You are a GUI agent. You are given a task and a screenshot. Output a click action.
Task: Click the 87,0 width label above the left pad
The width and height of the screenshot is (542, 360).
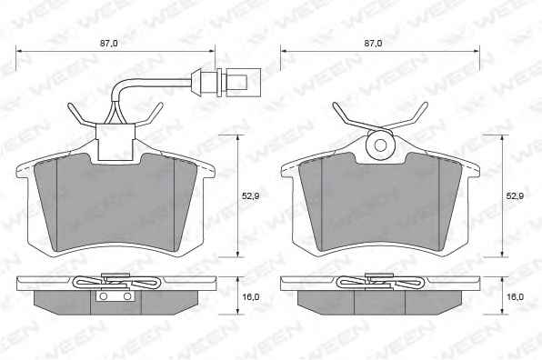tap(109, 44)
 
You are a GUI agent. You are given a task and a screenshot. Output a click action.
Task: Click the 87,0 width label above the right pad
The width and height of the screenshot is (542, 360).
tap(374, 44)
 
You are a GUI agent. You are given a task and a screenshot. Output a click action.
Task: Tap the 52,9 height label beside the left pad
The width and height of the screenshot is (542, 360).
tap(251, 195)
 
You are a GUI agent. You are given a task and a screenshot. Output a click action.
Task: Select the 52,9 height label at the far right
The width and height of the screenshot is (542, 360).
tap(515, 195)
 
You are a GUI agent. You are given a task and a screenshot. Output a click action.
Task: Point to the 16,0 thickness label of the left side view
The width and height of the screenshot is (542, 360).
tap(251, 296)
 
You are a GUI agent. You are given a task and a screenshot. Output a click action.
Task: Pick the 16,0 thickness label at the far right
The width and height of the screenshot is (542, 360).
tap(515, 296)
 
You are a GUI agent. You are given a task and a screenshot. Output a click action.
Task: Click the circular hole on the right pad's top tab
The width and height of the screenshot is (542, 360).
tap(380, 145)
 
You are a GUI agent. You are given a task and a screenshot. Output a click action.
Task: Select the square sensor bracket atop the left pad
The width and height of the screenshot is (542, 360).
tap(115, 142)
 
